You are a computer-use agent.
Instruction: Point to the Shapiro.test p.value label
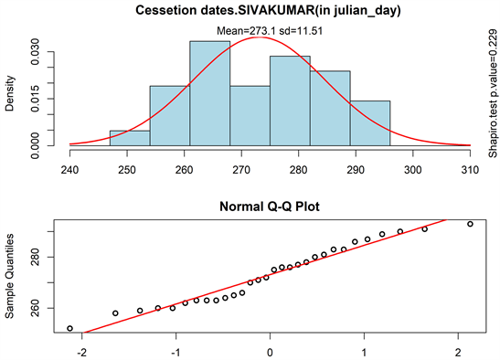[491, 87]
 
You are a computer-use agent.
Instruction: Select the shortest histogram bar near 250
[130, 138]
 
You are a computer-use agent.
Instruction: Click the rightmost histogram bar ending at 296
[369, 123]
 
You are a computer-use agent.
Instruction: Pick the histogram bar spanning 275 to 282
[290, 101]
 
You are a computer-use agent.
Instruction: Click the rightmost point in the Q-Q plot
[470, 224]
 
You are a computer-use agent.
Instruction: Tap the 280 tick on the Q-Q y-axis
[37, 260]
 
